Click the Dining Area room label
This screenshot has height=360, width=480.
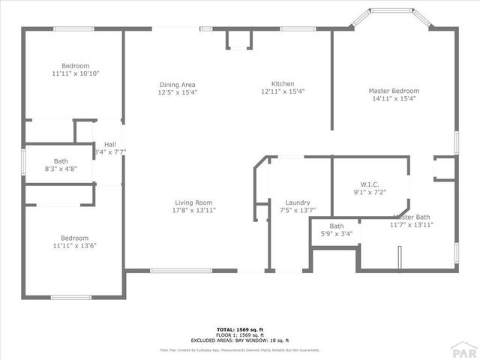pyautogui.click(x=177, y=84)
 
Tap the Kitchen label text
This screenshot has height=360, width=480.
pyautogui.click(x=283, y=83)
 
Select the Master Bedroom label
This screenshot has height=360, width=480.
pyautogui.click(x=393, y=91)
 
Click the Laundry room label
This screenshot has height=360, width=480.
pyautogui.click(x=298, y=202)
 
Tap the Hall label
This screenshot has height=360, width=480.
pyautogui.click(x=110, y=144)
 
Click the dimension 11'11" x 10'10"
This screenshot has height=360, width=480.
pyautogui.click(x=76, y=73)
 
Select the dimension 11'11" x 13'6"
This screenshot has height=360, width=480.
pyautogui.click(x=75, y=245)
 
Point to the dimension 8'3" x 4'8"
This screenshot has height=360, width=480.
pyautogui.click(x=61, y=169)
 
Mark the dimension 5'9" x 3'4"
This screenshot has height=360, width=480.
pyautogui.click(x=336, y=234)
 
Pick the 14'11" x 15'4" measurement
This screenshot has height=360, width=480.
pyautogui.click(x=393, y=98)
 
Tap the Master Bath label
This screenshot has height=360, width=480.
pyautogui.click(x=412, y=217)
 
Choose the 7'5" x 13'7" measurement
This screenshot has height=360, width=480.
pyautogui.click(x=298, y=211)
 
